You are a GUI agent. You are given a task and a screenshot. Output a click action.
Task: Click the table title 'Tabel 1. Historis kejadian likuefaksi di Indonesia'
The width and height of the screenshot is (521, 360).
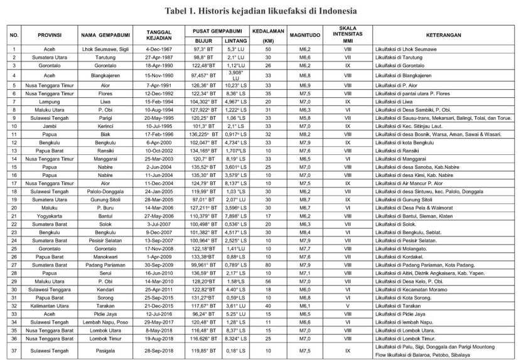click(260, 11)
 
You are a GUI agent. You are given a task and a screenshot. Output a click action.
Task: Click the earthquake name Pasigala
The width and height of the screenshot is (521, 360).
click(104, 347)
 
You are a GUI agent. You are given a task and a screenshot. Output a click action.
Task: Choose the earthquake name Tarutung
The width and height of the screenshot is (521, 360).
click(104, 56)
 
